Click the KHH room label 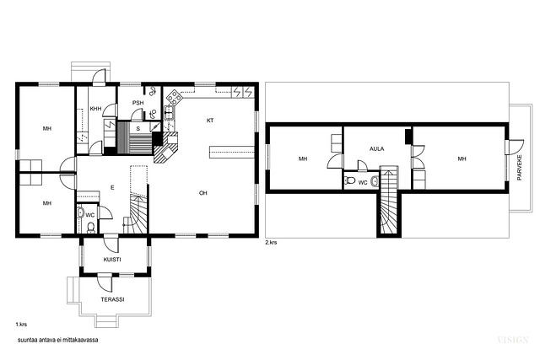tap(95, 109)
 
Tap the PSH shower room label tap(138, 103)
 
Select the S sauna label tap(138, 129)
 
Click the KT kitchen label tap(210, 121)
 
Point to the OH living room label tap(203, 193)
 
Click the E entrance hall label tap(112, 187)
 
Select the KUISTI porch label tap(112, 260)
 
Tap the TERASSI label tap(112, 299)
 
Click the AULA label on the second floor tap(377, 148)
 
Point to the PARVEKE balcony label tap(520, 168)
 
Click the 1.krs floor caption tap(21, 325)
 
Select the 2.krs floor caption tap(271, 242)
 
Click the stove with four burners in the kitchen tap(175, 98)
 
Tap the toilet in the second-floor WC tap(350, 180)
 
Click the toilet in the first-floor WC tap(91, 228)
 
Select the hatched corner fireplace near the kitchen tap(166, 148)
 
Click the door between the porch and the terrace tap(105, 282)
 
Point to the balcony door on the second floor tap(515, 147)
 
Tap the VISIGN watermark tap(513, 340)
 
